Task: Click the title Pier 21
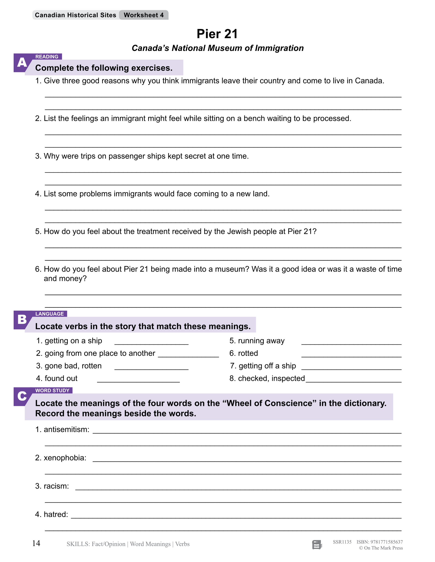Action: pyautogui.click(x=217, y=34)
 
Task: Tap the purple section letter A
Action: pyautogui.click(x=22, y=63)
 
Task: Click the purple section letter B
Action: pyautogui.click(x=22, y=319)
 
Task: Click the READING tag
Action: pyautogui.click(x=47, y=57)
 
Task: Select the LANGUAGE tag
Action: pyautogui.click(x=49, y=314)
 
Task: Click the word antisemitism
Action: pyautogui.click(x=66, y=429)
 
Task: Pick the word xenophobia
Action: pyautogui.click(x=65, y=458)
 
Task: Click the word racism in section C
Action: pyautogui.click(x=56, y=486)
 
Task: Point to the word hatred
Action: pyautogui.click(x=56, y=514)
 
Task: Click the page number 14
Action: pyautogui.click(x=36, y=543)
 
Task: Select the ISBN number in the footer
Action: pyautogui.click(x=380, y=542)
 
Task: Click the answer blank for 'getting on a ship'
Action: pyautogui.click(x=151, y=342)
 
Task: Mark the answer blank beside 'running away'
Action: pyautogui.click(x=351, y=342)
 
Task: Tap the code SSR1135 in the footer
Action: pyautogui.click(x=342, y=542)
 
